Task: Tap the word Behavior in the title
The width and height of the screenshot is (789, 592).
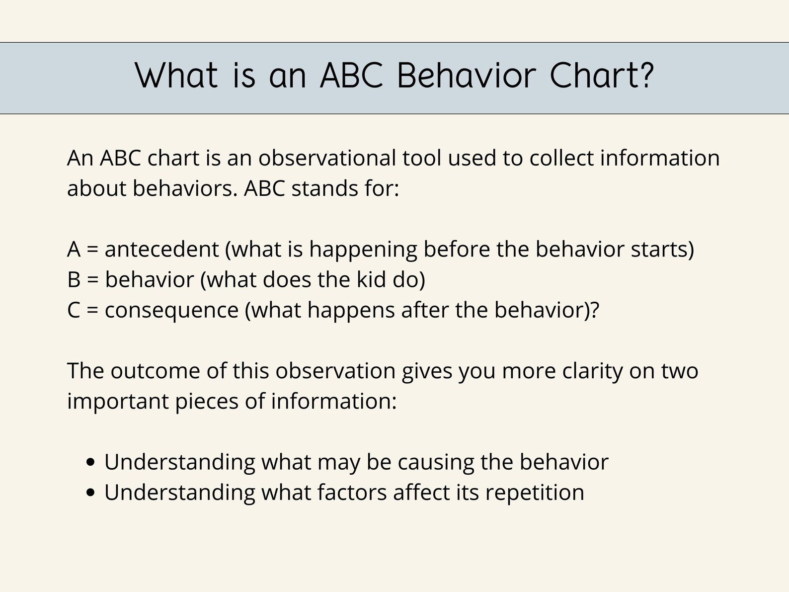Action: pos(467,76)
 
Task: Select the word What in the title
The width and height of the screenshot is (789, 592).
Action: pos(176,76)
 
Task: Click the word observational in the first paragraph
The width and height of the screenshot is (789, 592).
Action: pos(327,159)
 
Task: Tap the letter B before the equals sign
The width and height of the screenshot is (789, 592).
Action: pos(74,280)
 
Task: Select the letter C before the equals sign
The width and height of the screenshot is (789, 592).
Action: pos(74,310)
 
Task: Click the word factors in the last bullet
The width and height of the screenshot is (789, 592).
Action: pos(352,493)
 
